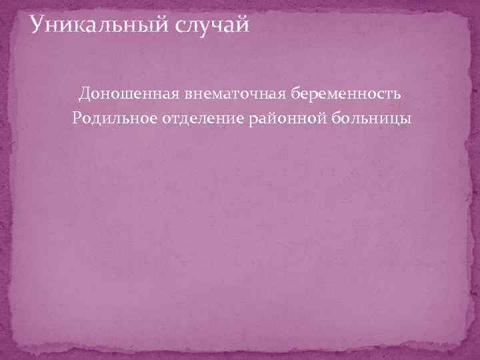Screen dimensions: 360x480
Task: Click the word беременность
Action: point(346,93)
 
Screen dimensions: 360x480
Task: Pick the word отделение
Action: point(199,119)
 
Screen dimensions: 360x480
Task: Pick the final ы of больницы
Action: point(406,120)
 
